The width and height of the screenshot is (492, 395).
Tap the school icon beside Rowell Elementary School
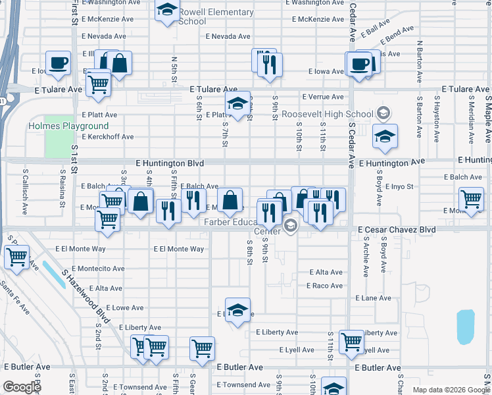(x=168, y=11)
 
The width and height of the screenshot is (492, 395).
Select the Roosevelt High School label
(x=327, y=114)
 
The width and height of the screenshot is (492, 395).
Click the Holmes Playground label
(x=68, y=126)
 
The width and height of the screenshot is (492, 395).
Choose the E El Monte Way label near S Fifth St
(x=179, y=249)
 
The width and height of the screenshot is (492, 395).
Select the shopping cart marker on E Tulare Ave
(x=97, y=83)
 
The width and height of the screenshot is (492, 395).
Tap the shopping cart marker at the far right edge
(x=472, y=199)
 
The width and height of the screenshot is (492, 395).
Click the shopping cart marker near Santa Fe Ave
(x=16, y=256)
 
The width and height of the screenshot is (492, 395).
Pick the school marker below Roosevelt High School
(x=385, y=137)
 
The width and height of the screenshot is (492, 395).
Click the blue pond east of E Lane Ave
(x=465, y=327)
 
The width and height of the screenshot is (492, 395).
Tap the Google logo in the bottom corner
(x=22, y=387)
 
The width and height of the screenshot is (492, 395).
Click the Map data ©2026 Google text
(x=450, y=390)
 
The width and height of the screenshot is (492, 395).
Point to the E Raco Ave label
(x=324, y=286)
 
